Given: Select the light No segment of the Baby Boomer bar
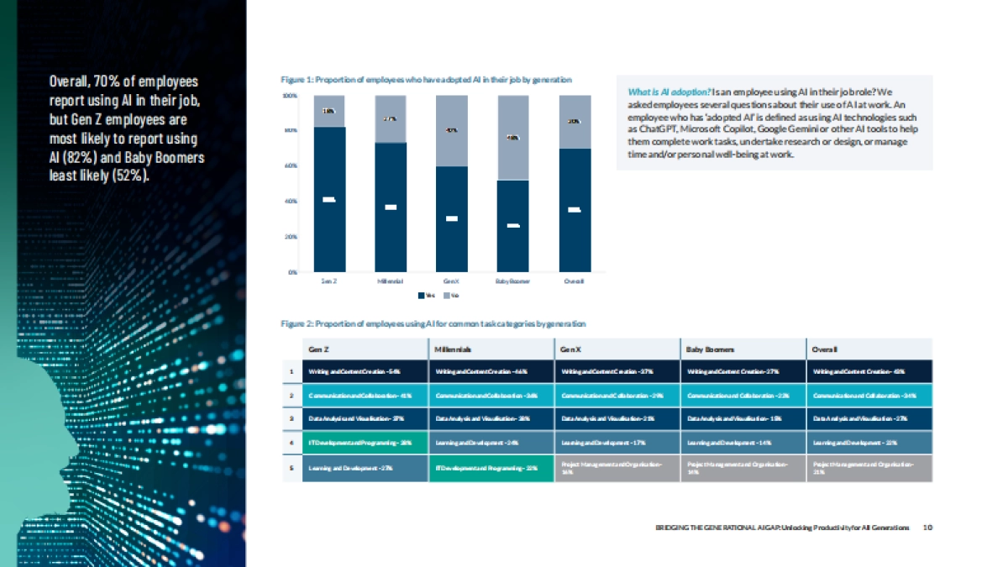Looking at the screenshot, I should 512,138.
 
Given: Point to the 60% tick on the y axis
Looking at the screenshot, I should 291,166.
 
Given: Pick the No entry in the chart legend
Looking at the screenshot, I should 451,295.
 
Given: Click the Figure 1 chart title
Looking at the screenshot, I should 426,80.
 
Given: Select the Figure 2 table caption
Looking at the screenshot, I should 433,323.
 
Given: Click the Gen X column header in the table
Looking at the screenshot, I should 568,349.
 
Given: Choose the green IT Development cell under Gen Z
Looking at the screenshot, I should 365,441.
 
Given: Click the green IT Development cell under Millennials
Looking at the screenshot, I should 491,468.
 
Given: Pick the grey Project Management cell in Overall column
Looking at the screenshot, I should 869,468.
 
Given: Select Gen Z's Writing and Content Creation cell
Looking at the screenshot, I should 365,371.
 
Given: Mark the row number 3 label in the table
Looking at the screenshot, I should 291,417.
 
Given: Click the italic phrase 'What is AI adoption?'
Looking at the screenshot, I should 669,92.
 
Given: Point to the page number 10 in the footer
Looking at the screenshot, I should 927,528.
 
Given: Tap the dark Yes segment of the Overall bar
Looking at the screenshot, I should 575,210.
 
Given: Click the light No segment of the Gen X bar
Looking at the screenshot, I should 451,131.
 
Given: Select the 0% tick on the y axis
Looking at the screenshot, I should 291,272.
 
